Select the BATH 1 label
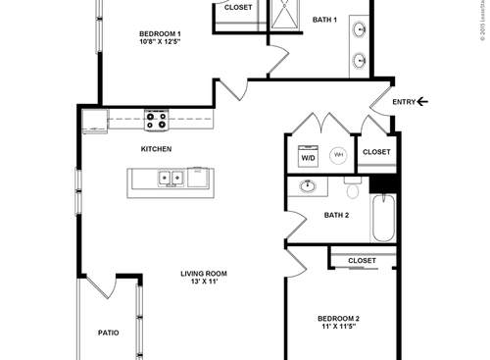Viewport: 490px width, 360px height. point(324,20)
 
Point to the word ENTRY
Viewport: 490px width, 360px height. point(403,101)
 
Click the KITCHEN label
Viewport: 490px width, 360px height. point(156,149)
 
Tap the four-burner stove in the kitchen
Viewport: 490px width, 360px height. point(156,120)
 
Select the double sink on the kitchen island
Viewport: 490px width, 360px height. point(171,179)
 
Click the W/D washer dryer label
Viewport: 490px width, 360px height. point(308,157)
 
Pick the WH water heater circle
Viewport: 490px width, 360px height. point(338,155)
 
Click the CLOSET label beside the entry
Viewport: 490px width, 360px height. point(376,152)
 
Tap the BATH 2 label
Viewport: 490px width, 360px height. point(336,215)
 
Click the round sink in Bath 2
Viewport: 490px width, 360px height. point(308,185)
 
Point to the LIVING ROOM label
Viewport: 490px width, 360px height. point(203,274)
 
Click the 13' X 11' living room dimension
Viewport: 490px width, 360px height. point(203,283)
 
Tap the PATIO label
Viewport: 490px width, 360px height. point(108,333)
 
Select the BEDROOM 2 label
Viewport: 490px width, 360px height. point(338,319)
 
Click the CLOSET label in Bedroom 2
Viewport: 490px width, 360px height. point(362,260)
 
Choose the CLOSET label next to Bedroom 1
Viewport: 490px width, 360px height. point(237,7)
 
